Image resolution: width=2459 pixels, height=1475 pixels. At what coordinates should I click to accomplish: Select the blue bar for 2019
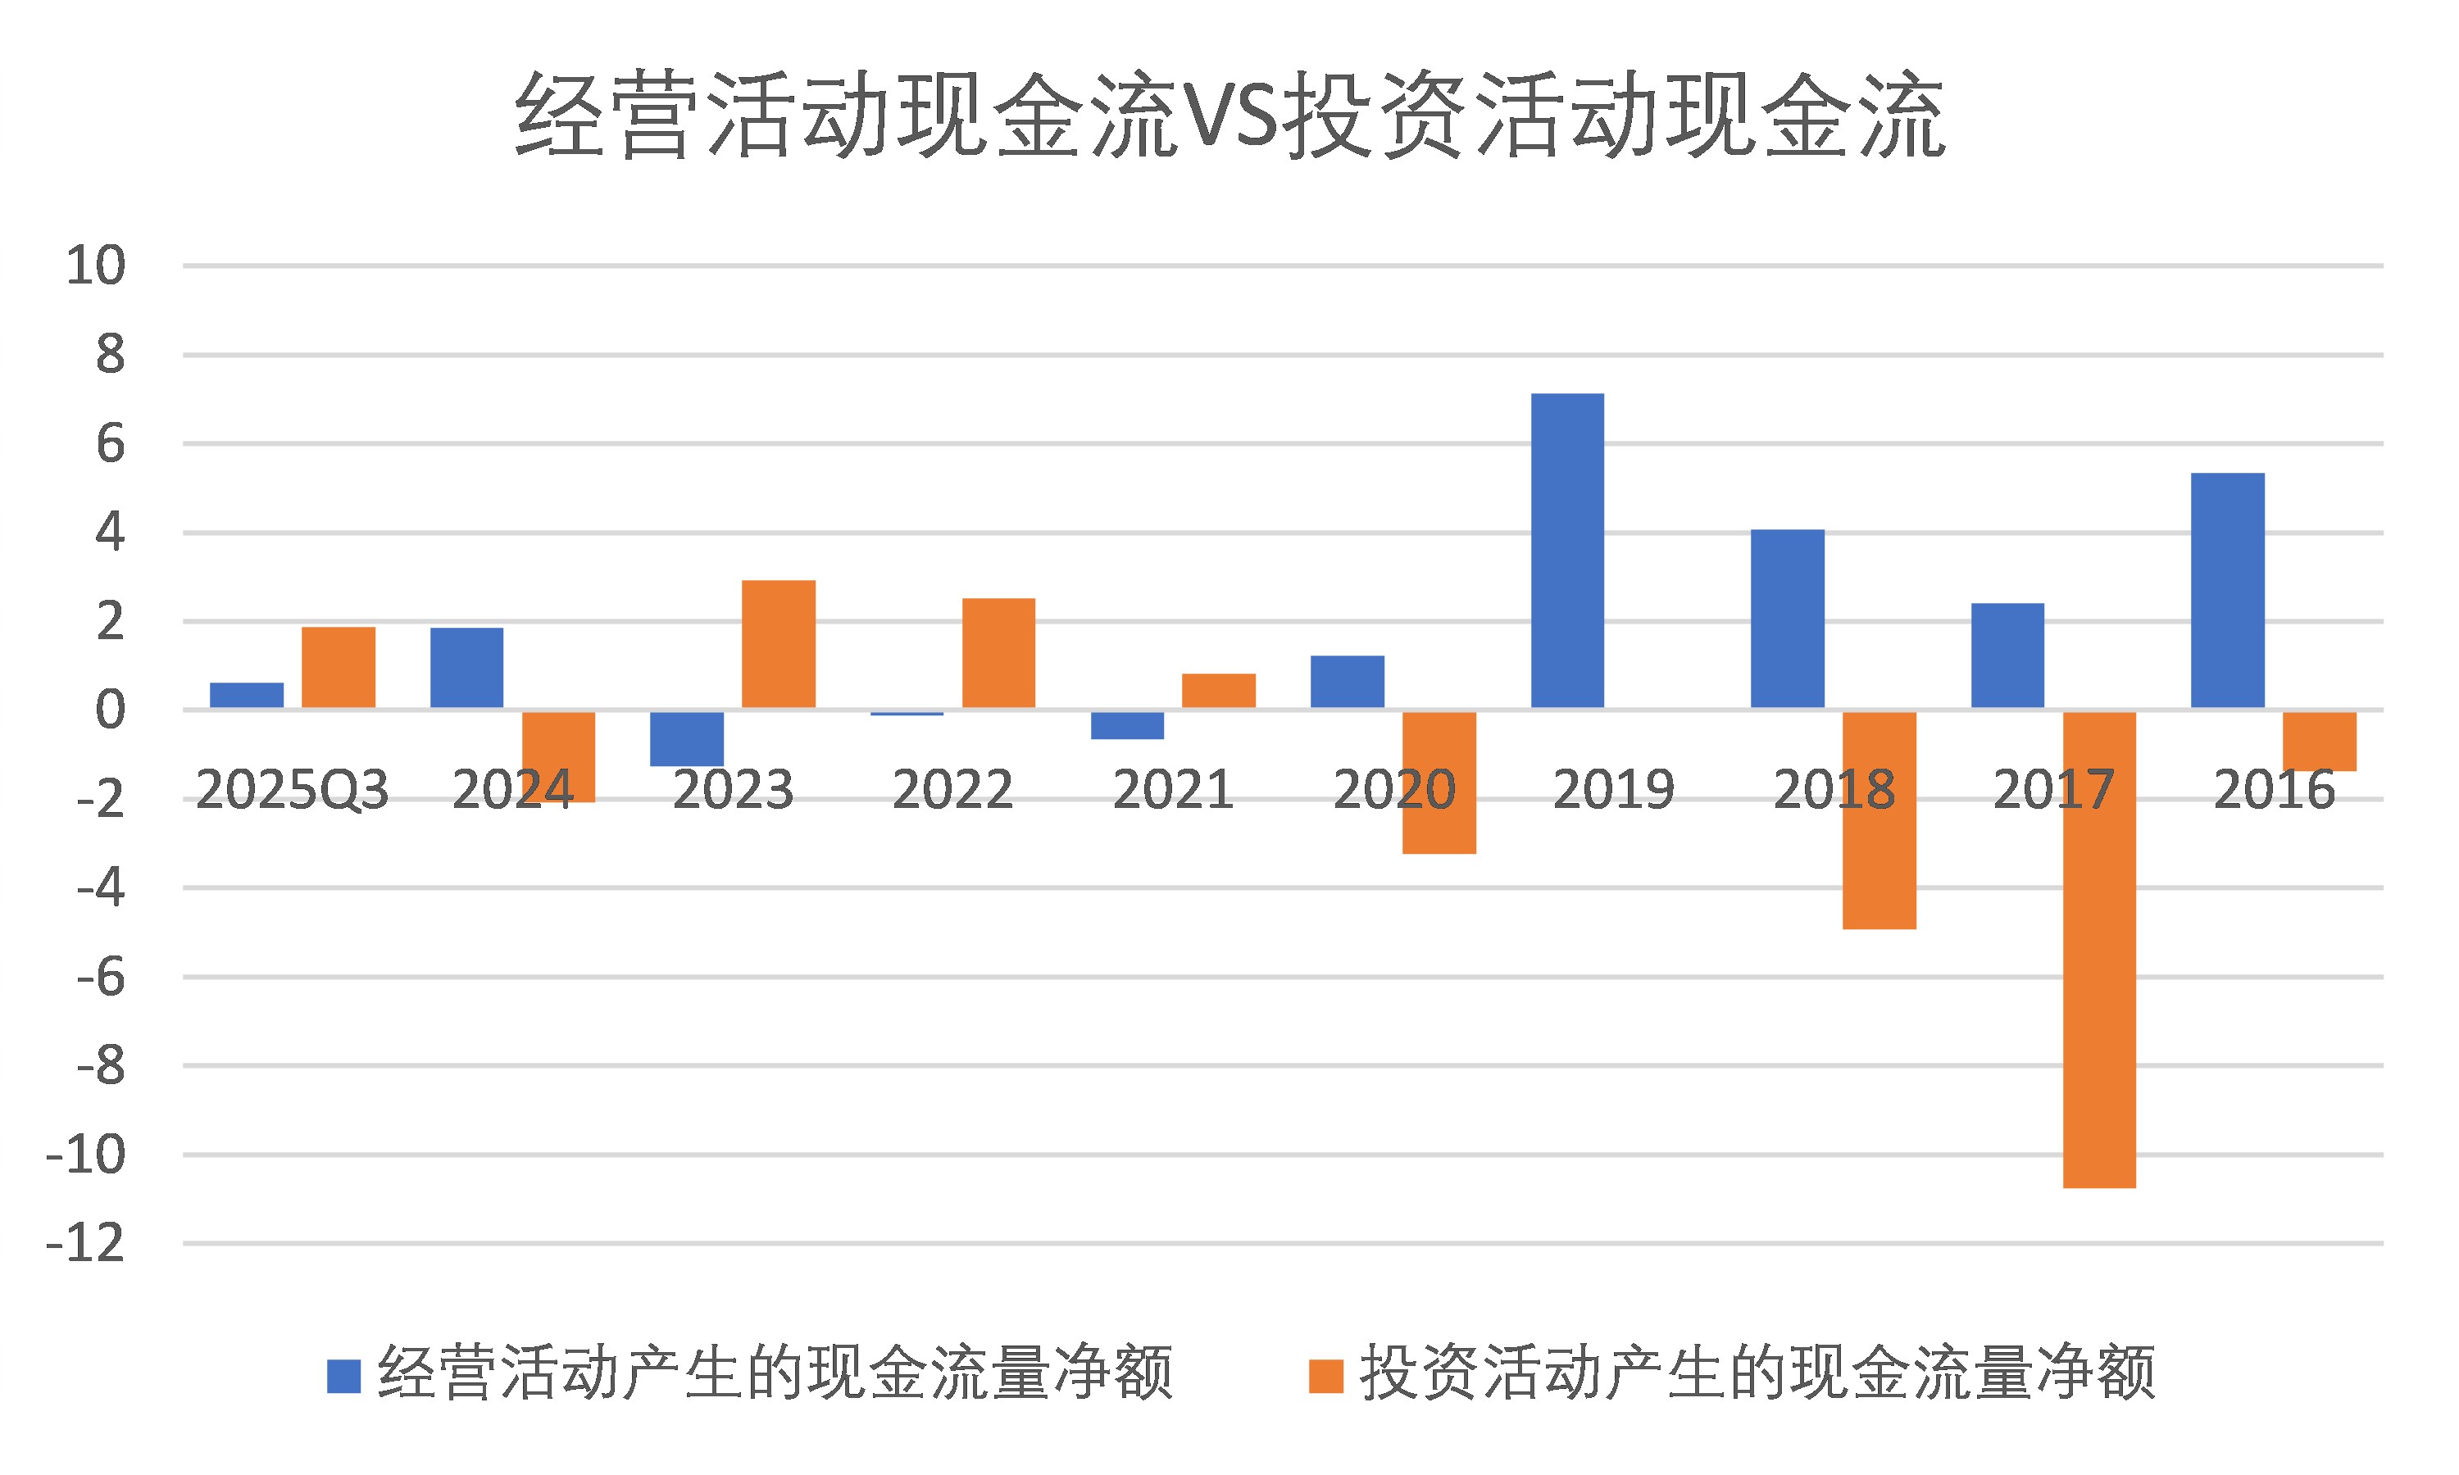click(x=1566, y=551)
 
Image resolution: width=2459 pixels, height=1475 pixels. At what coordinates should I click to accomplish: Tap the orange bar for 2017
click(x=2098, y=949)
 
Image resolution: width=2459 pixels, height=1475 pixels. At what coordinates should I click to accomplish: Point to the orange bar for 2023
click(x=778, y=644)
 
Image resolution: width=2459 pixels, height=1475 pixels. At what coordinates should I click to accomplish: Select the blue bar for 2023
click(x=687, y=737)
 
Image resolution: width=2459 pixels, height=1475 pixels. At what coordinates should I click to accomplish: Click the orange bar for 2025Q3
click(x=338, y=667)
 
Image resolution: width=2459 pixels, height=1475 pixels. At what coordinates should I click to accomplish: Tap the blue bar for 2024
click(x=466, y=668)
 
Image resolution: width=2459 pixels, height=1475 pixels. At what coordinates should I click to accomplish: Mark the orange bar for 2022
click(x=998, y=653)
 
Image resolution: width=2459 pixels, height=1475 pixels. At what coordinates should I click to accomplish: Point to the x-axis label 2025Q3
click(x=291, y=790)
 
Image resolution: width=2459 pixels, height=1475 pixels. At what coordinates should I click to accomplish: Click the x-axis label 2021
click(x=1172, y=790)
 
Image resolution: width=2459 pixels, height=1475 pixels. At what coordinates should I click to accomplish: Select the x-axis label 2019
click(x=1612, y=790)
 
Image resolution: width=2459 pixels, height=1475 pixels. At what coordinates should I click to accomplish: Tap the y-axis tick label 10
click(x=95, y=265)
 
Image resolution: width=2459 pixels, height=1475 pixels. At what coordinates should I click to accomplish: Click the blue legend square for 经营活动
click(x=343, y=1376)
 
